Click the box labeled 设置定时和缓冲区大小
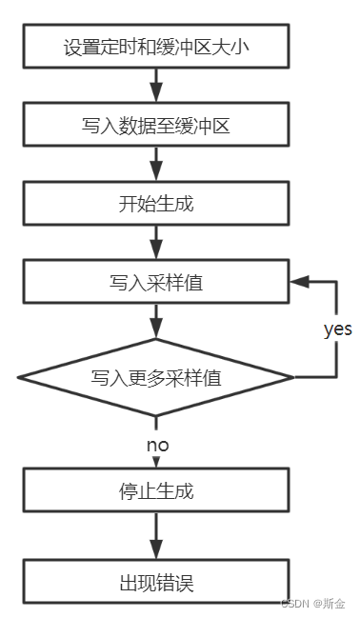click(155, 47)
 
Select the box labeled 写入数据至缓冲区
click(155, 125)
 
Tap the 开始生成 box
click(155, 204)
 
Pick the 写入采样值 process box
click(155, 283)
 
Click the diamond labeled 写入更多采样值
click(155, 377)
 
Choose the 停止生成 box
click(155, 493)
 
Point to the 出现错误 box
click(155, 582)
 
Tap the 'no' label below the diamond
click(158, 445)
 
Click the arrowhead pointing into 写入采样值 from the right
click(297, 283)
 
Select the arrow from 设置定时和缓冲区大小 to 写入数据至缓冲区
click(155, 86)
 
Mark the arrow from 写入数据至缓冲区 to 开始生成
click(155, 165)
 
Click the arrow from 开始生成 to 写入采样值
click(155, 244)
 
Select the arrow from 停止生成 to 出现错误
click(155, 537)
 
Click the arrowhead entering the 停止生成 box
click(155, 463)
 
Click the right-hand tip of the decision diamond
click(293, 377)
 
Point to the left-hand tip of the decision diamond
click(19, 377)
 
